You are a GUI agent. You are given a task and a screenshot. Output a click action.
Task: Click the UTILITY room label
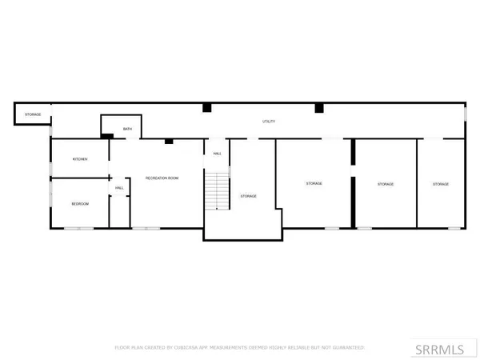coord(270,122)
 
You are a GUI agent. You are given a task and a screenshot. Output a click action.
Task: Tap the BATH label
coord(127,129)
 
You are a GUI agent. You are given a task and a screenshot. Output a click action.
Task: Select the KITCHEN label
coord(80,159)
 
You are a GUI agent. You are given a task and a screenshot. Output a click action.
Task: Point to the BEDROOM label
coord(80,204)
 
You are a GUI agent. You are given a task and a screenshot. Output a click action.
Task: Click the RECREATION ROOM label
coord(161,178)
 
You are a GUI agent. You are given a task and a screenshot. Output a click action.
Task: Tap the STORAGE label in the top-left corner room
coord(33,114)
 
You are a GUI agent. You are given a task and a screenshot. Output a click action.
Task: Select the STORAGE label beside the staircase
coord(249,196)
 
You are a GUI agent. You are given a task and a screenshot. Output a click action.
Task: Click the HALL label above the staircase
coord(217,154)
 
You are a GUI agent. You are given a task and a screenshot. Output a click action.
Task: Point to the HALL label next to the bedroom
coord(119,188)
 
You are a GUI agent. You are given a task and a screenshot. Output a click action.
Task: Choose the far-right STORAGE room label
coord(441,184)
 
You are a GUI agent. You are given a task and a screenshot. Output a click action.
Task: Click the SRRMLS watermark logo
coord(442,348)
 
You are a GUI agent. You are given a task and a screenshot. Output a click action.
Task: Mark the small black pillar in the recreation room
coord(169,142)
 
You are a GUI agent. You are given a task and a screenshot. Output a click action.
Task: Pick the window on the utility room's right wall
coord(465,114)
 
